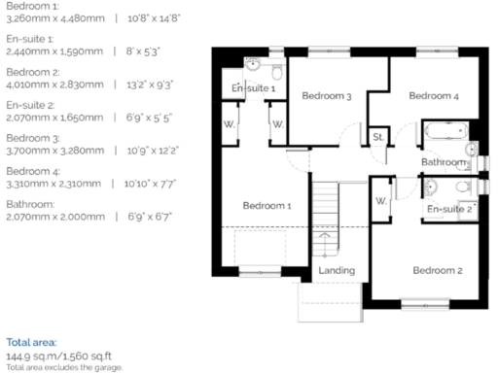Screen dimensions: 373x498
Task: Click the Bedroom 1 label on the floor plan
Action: [267, 206]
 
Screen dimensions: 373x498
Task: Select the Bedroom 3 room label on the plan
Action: [326, 96]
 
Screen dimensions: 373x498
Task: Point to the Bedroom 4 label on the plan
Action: [433, 96]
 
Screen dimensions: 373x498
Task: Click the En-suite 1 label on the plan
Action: [253, 89]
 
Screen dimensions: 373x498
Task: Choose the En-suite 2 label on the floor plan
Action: [449, 209]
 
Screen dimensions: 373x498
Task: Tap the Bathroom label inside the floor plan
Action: [444, 161]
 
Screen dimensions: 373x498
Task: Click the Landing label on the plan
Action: [337, 270]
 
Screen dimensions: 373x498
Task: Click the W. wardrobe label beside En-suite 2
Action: [380, 202]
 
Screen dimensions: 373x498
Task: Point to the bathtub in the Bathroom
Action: [445, 131]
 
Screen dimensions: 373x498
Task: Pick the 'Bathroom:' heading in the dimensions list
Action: [28, 204]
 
